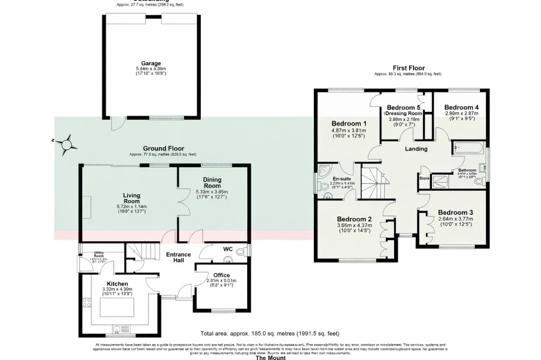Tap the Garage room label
(x=151, y=63)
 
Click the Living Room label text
(x=132, y=197)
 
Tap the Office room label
(x=222, y=274)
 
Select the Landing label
(x=416, y=149)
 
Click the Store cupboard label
(x=424, y=178)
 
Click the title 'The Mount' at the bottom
(x=270, y=357)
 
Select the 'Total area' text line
(x=269, y=333)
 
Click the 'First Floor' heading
(x=408, y=68)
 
